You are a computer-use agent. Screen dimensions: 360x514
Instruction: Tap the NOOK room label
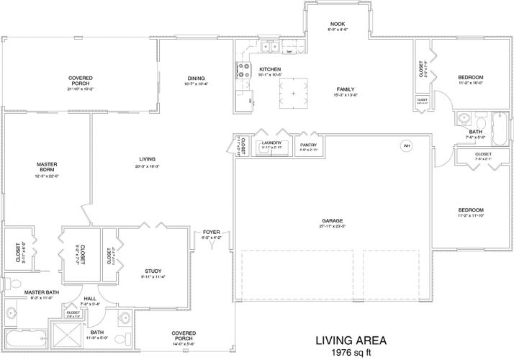click(338, 23)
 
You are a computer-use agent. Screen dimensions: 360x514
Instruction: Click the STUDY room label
click(154, 269)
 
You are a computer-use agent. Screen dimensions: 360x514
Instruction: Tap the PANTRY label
click(309, 134)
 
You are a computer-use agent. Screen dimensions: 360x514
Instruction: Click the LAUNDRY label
click(271, 143)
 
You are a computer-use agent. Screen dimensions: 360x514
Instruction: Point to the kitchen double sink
click(271, 48)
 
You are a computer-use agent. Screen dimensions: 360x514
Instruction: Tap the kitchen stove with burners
click(238, 70)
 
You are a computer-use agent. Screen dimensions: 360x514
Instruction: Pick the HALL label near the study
click(89, 297)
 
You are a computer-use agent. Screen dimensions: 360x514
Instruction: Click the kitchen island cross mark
click(293, 94)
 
